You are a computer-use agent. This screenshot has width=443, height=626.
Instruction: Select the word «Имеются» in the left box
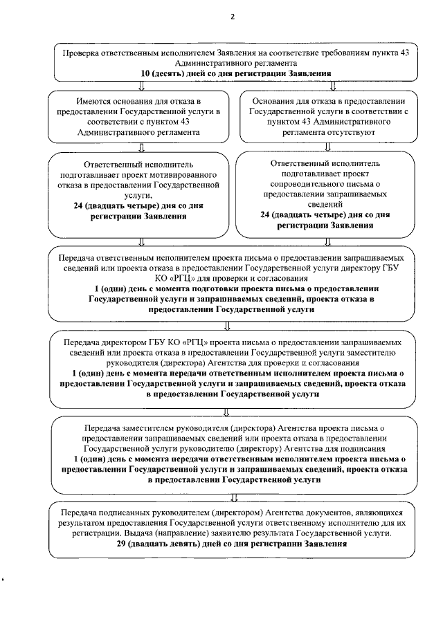94,101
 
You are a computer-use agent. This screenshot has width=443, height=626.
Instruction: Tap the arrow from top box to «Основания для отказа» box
334,86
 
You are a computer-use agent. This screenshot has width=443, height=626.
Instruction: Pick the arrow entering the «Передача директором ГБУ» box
227,326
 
